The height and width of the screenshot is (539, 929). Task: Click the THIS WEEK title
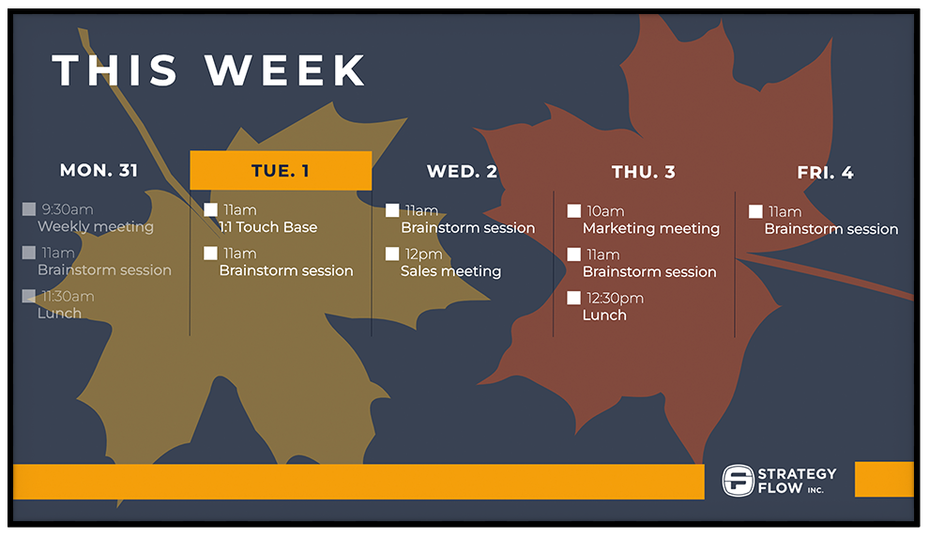(209, 71)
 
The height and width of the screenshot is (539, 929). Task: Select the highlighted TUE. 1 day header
(281, 171)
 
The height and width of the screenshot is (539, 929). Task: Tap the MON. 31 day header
(99, 170)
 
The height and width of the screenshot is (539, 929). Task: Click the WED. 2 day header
(462, 171)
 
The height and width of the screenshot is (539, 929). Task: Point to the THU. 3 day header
(643, 172)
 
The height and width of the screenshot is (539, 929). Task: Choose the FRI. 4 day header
(825, 173)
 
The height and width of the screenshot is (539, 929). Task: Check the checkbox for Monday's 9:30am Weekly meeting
(29, 209)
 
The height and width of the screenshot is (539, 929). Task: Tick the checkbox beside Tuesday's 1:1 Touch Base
(211, 209)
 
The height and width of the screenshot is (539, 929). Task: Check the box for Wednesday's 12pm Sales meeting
(392, 254)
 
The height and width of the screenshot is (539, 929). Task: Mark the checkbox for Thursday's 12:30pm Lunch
(574, 298)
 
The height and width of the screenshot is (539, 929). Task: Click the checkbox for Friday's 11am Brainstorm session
(755, 211)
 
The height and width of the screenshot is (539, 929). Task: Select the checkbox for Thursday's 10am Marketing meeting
(574, 211)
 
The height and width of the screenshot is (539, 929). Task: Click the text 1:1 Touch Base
(268, 227)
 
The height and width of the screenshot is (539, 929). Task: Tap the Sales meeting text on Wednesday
(450, 271)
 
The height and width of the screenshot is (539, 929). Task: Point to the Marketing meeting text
(650, 228)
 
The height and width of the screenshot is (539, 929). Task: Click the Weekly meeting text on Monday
(95, 226)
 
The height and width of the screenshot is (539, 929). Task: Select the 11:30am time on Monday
(68, 297)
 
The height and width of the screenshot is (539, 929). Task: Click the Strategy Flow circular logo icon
(738, 480)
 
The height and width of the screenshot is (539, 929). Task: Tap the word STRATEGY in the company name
(796, 473)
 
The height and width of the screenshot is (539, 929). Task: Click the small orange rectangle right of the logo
(883, 479)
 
